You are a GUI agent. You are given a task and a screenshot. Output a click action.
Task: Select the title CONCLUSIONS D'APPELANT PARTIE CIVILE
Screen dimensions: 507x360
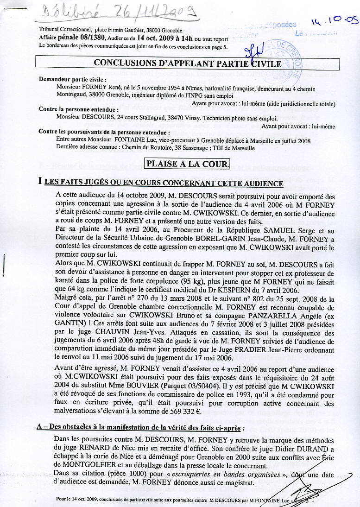click(188, 64)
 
